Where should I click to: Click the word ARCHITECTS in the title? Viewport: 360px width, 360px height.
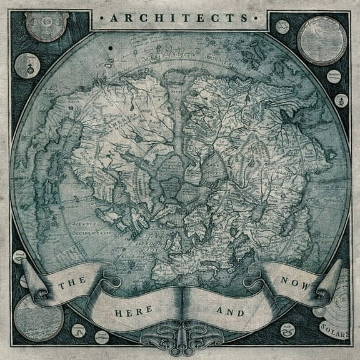[180, 18]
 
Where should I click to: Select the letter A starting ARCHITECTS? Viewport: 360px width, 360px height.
[113, 18]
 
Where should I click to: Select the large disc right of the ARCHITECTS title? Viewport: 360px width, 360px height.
[321, 40]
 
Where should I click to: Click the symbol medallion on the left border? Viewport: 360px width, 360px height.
[27, 66]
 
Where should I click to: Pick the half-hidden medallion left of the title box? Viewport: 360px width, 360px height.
[47, 25]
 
